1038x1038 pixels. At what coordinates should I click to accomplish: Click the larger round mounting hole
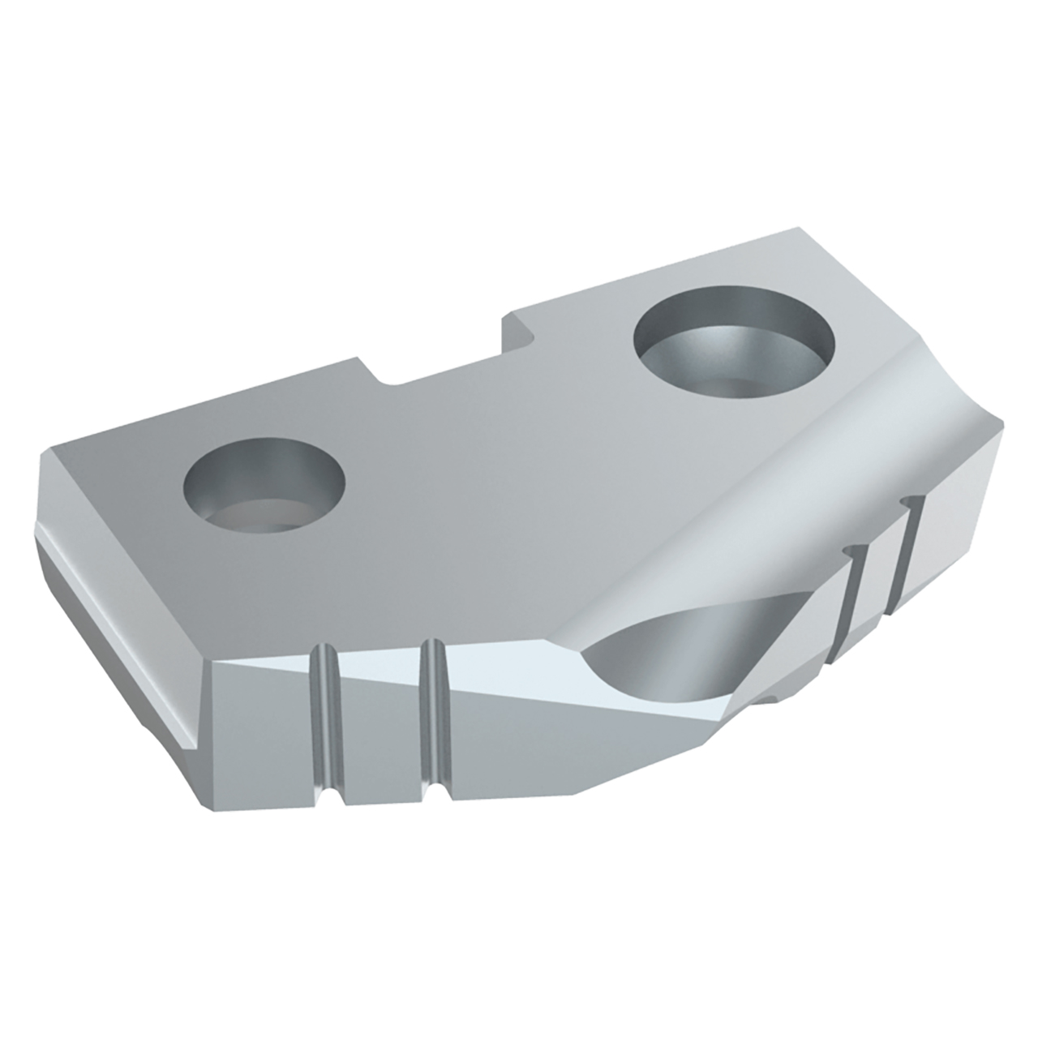click(x=734, y=345)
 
